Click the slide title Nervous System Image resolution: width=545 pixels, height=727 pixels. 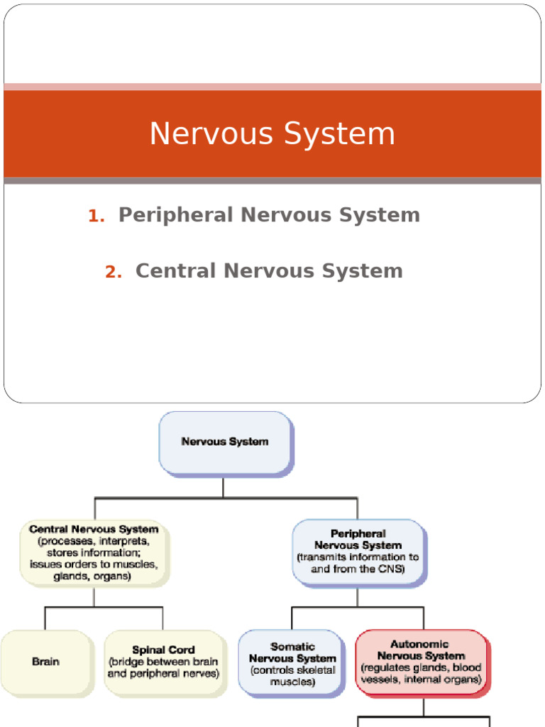pos(272,133)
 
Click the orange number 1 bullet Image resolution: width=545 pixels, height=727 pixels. pos(96,217)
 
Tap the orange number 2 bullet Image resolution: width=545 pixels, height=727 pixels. pos(113,273)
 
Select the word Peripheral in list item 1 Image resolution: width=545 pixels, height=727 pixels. pos(176,215)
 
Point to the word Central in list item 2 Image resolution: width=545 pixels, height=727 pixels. pos(176,271)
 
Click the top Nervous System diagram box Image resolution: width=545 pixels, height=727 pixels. pos(224,442)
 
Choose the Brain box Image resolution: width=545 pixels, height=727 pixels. pos(45,661)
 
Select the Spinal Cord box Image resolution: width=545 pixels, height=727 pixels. pos(163,661)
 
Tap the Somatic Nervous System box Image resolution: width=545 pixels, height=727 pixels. pos(292,664)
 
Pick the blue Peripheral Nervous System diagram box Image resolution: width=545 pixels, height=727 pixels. pos(358,552)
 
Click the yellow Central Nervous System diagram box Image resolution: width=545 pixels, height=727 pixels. pos(94,552)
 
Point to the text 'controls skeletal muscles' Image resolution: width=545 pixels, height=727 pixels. pos(292,676)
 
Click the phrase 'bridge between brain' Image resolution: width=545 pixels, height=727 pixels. pos(163,662)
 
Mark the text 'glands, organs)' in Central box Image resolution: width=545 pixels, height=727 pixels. pos(92,576)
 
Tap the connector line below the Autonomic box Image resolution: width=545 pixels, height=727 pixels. pos(424,708)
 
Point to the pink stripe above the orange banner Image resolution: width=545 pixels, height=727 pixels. pos(272,87)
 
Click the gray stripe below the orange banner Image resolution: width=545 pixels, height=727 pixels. pos(272,181)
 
